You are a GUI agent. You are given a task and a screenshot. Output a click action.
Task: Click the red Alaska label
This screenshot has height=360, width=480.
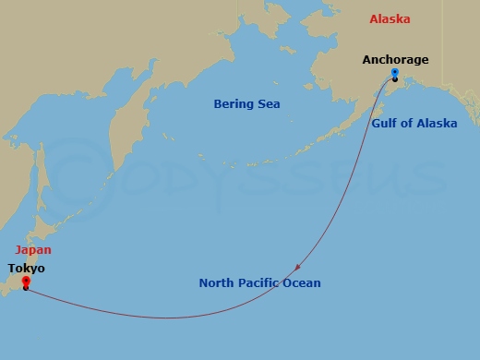point(391,19)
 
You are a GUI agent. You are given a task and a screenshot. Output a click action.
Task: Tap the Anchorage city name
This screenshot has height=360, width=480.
point(395,60)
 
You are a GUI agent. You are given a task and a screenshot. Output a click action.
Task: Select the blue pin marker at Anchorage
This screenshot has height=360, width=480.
point(395,74)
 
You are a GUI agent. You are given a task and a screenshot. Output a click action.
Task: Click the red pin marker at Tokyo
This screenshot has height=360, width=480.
point(25,282)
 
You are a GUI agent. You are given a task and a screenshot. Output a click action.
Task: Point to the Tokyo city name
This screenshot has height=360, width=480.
point(26,269)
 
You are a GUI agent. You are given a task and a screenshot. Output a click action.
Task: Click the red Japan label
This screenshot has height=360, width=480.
point(32,249)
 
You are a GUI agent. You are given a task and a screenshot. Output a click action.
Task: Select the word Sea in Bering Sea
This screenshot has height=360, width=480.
point(269,104)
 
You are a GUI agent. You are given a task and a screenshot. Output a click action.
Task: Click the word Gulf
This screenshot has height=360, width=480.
point(386,123)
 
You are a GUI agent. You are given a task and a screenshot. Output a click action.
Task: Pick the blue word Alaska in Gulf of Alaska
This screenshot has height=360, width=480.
point(437,123)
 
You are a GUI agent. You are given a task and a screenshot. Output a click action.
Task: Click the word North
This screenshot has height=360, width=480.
point(218,282)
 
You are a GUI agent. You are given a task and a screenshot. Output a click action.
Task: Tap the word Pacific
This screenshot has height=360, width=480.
point(263,282)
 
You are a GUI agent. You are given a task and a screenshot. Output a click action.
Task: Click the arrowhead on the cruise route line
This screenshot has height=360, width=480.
point(297,268)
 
